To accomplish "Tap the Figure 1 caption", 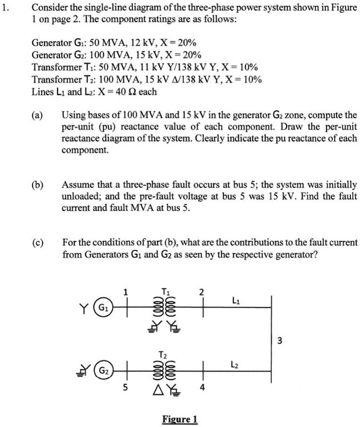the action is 180,419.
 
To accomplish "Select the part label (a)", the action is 37,115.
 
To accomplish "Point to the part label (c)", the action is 37,243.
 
